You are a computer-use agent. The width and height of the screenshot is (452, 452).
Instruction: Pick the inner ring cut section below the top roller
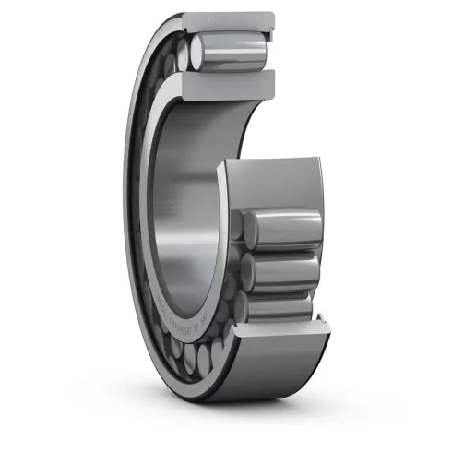tap(231, 85)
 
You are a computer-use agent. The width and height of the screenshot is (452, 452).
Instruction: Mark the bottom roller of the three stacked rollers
tap(281, 304)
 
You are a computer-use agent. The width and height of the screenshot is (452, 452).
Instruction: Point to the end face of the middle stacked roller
tap(247, 269)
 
